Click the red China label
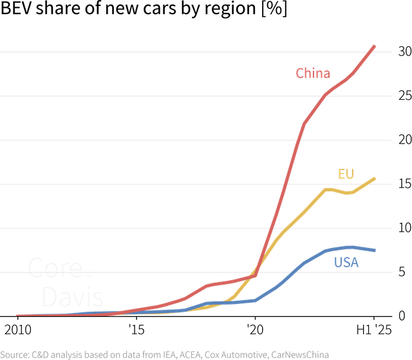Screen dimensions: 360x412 pos(313,73)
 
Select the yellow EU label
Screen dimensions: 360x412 pos(346,174)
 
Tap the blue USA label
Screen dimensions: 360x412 pos(346,263)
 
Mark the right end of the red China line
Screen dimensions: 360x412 pos(375,46)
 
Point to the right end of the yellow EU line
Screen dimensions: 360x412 pos(375,178)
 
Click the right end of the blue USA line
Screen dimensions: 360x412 pos(375,250)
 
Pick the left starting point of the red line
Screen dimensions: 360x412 pos(18,315)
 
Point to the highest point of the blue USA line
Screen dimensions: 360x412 pos(350,247)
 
